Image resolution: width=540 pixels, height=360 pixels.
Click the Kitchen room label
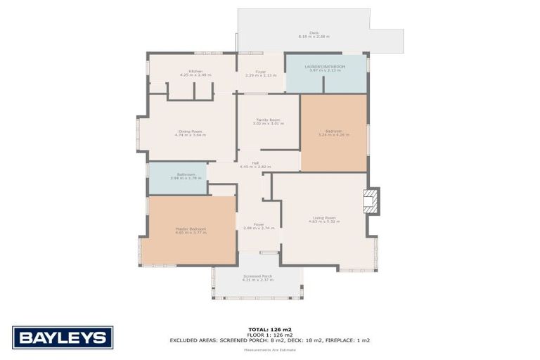coord(191,71)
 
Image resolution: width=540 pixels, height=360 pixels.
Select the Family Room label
coord(268,120)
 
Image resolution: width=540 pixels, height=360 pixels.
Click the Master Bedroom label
coord(191,229)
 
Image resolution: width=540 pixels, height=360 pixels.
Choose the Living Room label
coord(324,217)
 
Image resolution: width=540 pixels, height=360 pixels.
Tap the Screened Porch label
coord(258,276)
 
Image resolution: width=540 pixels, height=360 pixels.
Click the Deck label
coord(314,32)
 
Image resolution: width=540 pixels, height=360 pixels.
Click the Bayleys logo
coord(63,337)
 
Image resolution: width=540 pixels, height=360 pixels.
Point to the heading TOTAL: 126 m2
coord(269,329)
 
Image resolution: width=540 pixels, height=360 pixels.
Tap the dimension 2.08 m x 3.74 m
coord(258,229)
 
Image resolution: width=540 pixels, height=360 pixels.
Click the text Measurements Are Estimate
coord(269,349)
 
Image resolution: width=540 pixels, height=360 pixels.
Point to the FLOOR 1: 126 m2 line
coord(269,335)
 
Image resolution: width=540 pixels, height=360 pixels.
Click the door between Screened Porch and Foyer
coord(259,252)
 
